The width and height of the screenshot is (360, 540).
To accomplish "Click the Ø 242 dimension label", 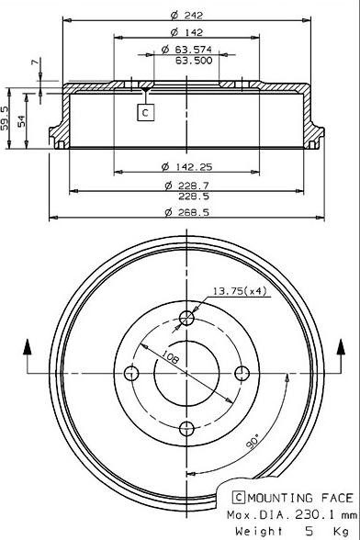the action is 187,15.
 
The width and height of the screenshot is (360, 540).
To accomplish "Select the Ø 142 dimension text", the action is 187,32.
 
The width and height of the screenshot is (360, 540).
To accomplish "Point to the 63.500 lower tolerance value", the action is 194,61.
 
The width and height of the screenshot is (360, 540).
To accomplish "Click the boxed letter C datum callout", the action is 146,112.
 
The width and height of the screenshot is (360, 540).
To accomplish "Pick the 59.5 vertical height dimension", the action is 5,118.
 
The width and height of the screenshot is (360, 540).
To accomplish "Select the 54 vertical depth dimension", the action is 21,121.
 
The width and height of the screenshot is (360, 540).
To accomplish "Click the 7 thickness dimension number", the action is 35,62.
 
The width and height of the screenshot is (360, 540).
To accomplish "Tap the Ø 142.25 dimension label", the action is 187,167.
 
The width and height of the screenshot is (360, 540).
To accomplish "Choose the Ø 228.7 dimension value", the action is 187,186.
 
